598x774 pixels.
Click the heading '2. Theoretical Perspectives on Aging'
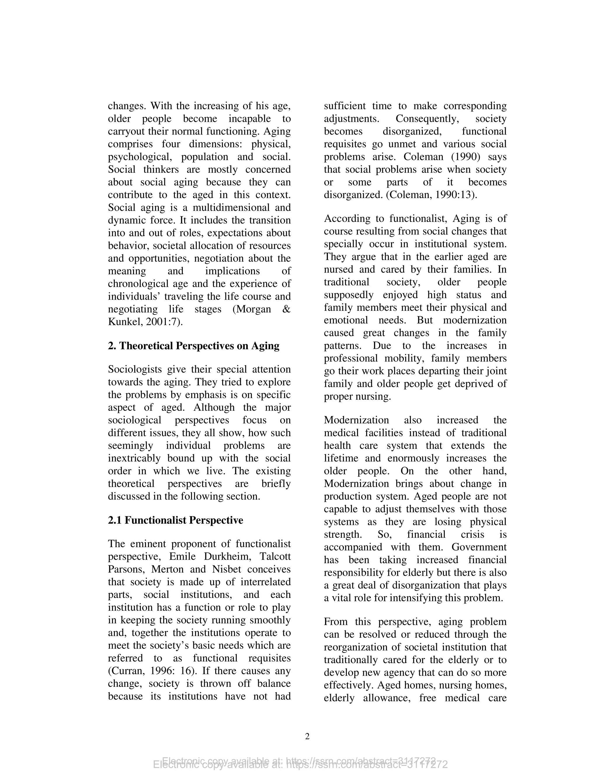coord(193,346)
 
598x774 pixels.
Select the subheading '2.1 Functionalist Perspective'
coord(175,520)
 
